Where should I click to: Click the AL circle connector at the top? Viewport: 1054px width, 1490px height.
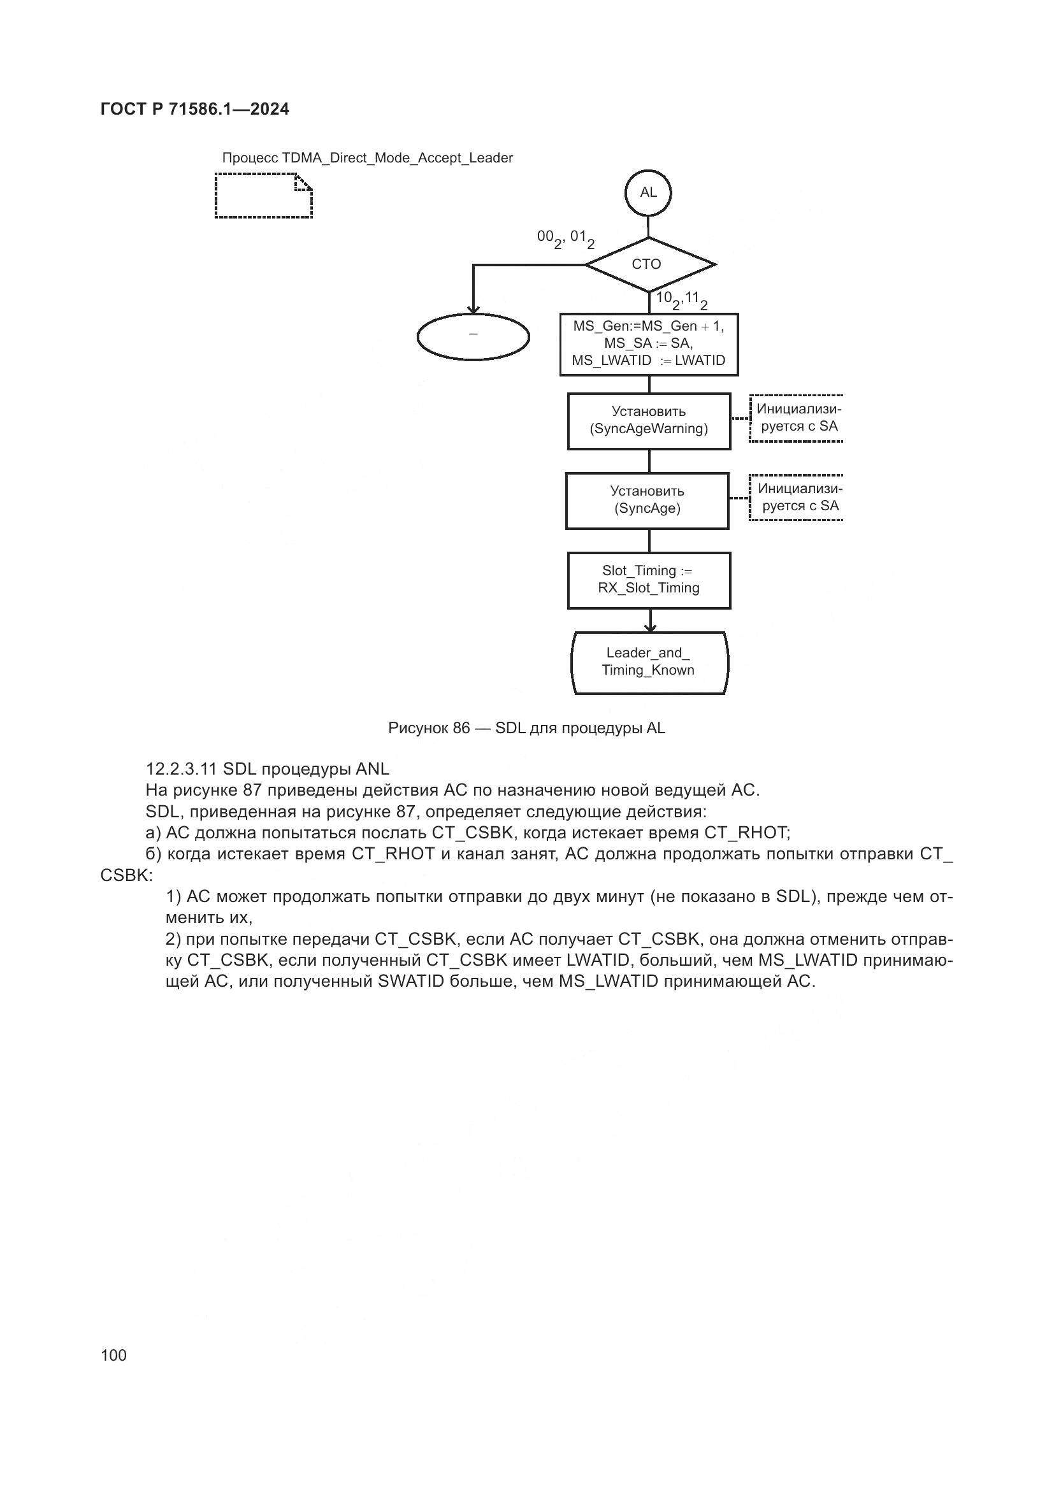647,193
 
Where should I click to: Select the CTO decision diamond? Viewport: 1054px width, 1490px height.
649,264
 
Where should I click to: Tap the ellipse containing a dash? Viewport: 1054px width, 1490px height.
473,337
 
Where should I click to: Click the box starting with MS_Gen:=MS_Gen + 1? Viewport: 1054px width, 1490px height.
649,344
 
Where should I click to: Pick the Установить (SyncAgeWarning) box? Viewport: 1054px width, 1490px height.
649,420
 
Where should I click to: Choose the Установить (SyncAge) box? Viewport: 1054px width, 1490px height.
647,500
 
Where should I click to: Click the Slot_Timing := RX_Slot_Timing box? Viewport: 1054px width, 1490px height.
649,580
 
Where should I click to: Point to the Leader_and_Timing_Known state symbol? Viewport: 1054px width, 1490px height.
649,662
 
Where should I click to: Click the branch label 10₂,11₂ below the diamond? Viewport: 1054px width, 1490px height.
681,300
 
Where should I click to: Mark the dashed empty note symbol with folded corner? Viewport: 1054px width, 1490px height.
264,196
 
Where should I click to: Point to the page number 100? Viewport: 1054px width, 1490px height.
113,1355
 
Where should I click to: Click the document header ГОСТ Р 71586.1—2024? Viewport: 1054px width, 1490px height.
195,109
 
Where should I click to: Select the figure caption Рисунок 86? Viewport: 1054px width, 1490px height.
526,728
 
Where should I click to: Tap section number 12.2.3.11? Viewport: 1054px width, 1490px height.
181,769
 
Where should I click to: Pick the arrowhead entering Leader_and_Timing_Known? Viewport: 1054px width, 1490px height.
649,627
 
